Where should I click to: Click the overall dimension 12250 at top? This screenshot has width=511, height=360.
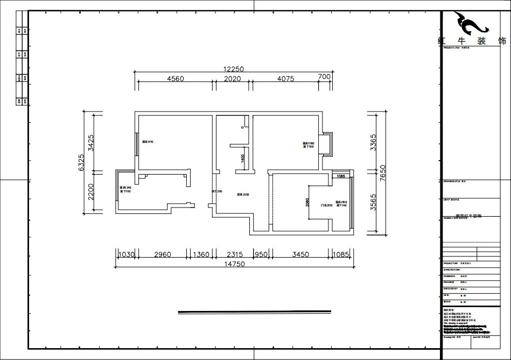234,69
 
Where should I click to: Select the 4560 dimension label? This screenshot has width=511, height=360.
176,78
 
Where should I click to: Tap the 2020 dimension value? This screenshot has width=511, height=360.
232,78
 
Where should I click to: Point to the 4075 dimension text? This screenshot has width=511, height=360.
285,78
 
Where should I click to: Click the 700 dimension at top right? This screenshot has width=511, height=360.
324,77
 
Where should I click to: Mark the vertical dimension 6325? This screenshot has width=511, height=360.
81,162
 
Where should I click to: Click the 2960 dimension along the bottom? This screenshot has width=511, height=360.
162,254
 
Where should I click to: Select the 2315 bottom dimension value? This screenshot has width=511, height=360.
235,254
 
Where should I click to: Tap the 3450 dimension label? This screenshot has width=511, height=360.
300,254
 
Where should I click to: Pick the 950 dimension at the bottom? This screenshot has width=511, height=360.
261,254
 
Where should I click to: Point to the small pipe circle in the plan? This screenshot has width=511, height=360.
243,127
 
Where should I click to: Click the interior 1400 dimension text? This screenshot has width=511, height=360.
243,158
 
